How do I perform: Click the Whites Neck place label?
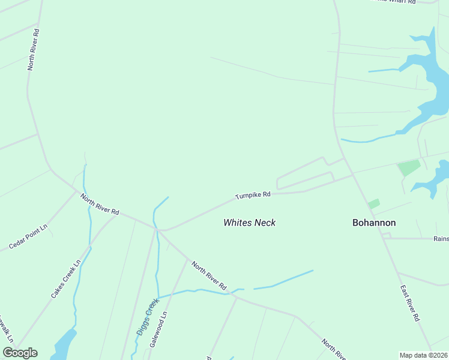click(x=249, y=223)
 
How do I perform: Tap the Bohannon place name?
click(x=373, y=223)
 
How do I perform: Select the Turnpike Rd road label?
click(x=253, y=195)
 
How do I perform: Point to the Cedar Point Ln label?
click(x=28, y=238)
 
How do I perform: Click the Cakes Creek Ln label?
click(x=65, y=279)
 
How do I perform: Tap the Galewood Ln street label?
click(x=159, y=329)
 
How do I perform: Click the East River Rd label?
click(x=409, y=304)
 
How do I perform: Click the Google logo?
click(x=20, y=353)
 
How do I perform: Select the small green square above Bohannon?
click(x=374, y=204)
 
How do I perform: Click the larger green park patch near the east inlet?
click(x=409, y=167)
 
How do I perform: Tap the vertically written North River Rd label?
click(x=33, y=49)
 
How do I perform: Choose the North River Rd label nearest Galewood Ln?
click(x=208, y=274)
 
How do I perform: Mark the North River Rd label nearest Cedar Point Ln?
click(x=100, y=204)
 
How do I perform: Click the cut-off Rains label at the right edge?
click(x=441, y=238)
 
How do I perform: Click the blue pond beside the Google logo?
click(x=64, y=345)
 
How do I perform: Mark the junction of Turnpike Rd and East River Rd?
click(x=354, y=175)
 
